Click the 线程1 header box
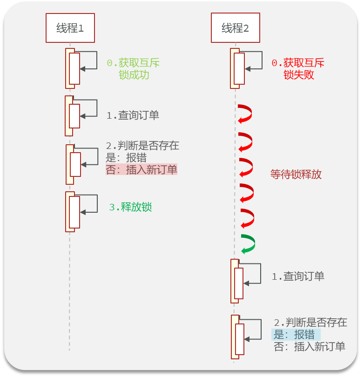pyautogui.click(x=70, y=28)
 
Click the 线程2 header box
pyautogui.click(x=235, y=28)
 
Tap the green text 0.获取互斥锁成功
pyautogui.click(x=133, y=68)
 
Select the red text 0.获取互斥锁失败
pyautogui.click(x=298, y=68)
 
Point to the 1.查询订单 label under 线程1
pyautogui.click(x=133, y=115)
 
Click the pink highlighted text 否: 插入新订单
pyautogui.click(x=142, y=170)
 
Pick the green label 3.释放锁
pyautogui.click(x=130, y=207)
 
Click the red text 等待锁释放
pyautogui.click(x=296, y=175)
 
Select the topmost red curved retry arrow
pyautogui.click(x=245, y=114)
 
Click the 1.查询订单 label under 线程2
pyautogui.click(x=298, y=276)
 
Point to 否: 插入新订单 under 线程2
pyautogui.click(x=310, y=347)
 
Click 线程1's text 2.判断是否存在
pyautogui.click(x=142, y=145)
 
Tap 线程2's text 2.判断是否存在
pyautogui.click(x=310, y=323)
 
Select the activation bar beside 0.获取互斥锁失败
pyautogui.click(x=239, y=68)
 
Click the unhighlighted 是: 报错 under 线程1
pyautogui.click(x=126, y=158)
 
